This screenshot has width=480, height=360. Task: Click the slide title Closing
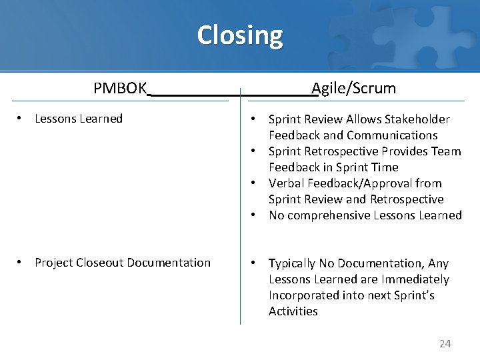point(239,35)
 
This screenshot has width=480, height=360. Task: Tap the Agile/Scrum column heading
point(354,88)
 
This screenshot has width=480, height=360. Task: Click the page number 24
point(445,343)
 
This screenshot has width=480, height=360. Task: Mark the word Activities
point(293,311)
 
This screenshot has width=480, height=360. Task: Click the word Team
point(447,151)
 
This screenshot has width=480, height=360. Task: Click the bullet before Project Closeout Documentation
point(22,263)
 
